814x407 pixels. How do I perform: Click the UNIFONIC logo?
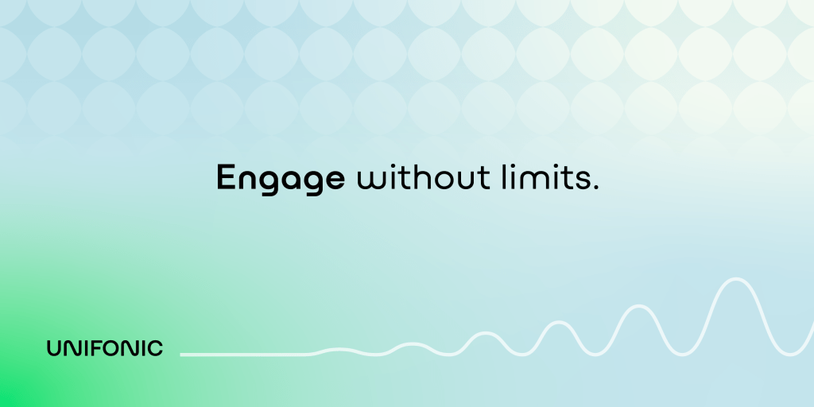pos(105,348)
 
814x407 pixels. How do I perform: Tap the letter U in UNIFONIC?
pos(54,348)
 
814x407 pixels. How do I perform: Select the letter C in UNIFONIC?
pos(155,348)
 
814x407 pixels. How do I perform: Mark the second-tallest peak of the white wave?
pos(639,306)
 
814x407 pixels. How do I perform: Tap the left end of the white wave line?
pos(181,355)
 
